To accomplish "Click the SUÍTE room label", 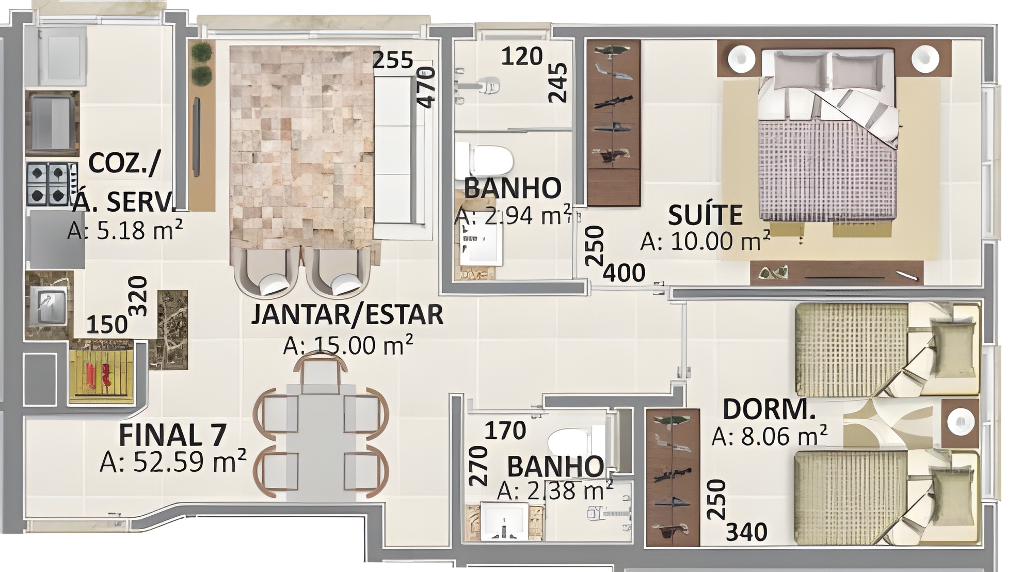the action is point(705,215).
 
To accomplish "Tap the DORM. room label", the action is point(769,409).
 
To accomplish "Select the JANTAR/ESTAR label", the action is point(347,314).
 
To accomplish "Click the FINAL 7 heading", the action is point(172,435).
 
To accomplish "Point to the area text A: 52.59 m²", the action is point(172,462).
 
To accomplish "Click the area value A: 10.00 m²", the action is point(705,241).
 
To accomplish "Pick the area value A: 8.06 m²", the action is point(769,436).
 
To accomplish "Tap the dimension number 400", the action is point(624,273).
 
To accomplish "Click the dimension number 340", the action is point(746,532).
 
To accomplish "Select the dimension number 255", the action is point(393,60).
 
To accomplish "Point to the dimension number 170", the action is point(505,430).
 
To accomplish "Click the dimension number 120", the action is point(522,56).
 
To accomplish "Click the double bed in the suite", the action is point(828,136).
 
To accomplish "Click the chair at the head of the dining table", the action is point(320,368).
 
